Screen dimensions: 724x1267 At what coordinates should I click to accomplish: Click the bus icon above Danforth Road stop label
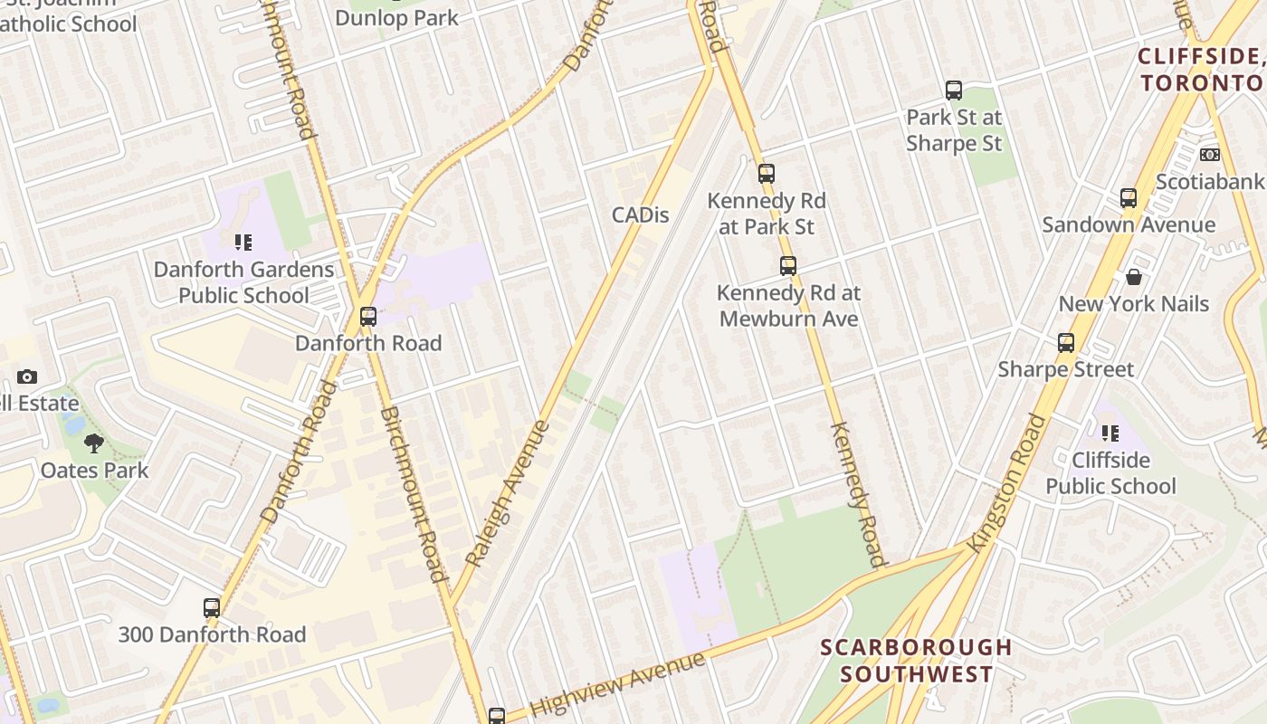click(368, 317)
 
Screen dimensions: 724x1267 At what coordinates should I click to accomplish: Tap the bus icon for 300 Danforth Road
click(212, 608)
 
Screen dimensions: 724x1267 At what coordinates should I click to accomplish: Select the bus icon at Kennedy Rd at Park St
click(767, 174)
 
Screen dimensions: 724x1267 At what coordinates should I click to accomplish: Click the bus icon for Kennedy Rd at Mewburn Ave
click(788, 266)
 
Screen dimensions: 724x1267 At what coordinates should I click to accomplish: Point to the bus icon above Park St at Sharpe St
click(954, 90)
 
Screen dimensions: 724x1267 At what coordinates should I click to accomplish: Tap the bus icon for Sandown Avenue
click(1129, 198)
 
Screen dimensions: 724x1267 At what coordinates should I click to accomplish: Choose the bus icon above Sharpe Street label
click(1066, 343)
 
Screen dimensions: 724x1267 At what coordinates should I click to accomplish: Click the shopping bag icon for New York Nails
click(1133, 277)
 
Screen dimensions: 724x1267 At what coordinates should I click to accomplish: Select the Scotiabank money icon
click(1210, 155)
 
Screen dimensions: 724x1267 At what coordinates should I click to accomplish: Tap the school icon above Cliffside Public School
click(1110, 433)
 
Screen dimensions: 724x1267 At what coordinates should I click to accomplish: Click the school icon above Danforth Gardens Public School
click(243, 243)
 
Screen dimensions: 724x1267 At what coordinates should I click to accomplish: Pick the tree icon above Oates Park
click(93, 443)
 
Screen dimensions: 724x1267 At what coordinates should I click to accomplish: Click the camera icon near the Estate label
click(27, 376)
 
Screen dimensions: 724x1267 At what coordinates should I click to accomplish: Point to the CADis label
click(641, 214)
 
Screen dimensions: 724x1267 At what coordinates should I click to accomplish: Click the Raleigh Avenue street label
click(508, 493)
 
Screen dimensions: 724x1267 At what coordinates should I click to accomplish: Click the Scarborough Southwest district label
click(916, 661)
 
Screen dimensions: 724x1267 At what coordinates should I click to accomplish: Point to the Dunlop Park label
click(396, 17)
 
